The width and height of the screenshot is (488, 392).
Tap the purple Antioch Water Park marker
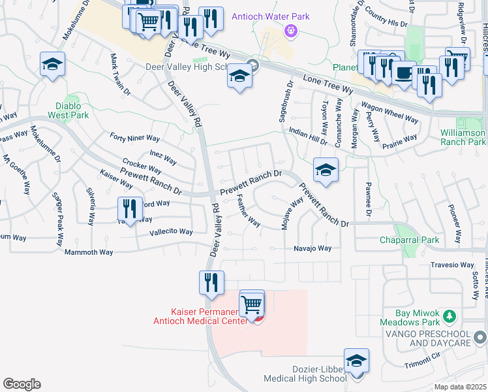pos(290,30)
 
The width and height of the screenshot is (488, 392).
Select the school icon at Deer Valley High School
pos(239,76)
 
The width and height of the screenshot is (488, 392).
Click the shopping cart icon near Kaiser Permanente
pos(252,302)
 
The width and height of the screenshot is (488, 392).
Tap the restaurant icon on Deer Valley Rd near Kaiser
pos(211,283)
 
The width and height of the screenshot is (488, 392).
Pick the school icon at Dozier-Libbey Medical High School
pos(356,361)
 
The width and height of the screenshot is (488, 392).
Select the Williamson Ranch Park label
pos(463,137)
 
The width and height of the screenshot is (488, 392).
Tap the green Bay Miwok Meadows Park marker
pos(449,316)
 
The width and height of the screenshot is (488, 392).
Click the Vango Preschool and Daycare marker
pos(480,337)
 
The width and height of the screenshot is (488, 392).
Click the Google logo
pos(21,384)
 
